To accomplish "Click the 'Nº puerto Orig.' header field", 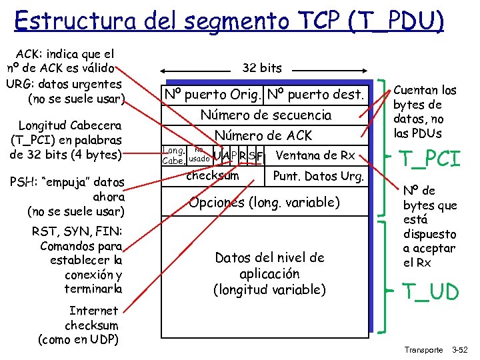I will coord(215,95).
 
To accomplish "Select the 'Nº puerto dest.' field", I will coord(315,95).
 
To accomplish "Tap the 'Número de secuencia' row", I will coord(265,115).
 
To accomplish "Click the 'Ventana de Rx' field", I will coord(315,156).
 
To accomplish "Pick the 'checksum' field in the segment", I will coord(212,176).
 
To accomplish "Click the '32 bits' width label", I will coord(262,68).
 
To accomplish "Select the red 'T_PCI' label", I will coord(429,159).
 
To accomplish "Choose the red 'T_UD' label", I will coord(429,291).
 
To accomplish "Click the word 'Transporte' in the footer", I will coord(424,350).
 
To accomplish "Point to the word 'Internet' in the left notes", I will coord(93,311).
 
